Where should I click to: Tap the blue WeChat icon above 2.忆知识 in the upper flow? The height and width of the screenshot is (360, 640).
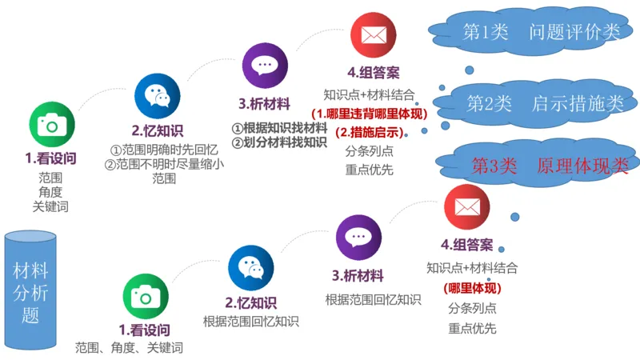(x=157, y=96)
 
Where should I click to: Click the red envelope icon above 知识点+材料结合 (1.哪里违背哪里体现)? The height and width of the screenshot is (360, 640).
(x=374, y=34)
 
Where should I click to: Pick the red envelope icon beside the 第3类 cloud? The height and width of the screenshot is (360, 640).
(x=466, y=206)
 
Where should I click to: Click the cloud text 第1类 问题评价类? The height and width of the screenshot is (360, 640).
(x=542, y=32)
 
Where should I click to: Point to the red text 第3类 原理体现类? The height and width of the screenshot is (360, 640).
(x=550, y=166)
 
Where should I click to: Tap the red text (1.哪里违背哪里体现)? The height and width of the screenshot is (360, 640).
(x=369, y=114)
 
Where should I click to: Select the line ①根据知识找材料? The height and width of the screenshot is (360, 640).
(x=279, y=128)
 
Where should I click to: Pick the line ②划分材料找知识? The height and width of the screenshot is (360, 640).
(x=279, y=142)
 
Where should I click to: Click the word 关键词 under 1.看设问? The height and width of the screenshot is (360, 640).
(x=50, y=206)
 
